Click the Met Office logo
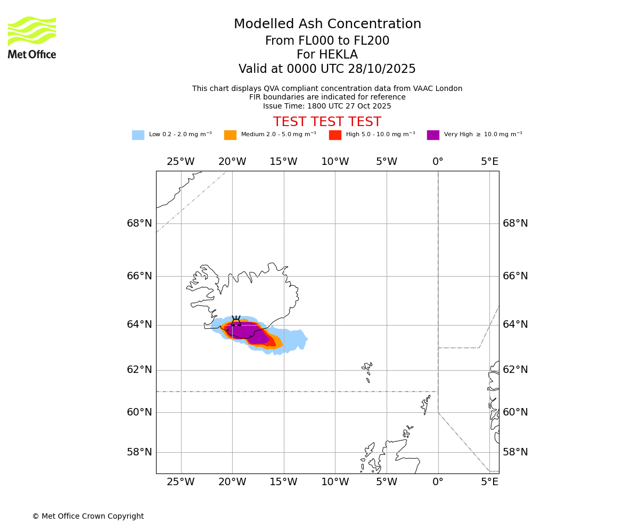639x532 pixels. [32, 37]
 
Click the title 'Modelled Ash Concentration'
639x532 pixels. [327, 24]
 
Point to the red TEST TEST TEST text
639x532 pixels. [327, 122]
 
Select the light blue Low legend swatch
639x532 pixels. [138, 135]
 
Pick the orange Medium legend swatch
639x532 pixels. [230, 135]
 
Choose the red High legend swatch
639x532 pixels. [335, 135]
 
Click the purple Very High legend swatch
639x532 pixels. [433, 135]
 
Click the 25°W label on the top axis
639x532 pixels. [181, 162]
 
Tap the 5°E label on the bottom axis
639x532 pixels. [489, 482]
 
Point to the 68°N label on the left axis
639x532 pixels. [140, 223]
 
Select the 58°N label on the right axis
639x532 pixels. [515, 452]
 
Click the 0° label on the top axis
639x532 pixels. [438, 162]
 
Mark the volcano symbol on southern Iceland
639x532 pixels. [236, 321]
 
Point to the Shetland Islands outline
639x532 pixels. [425, 404]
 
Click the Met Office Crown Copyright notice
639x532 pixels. [88, 516]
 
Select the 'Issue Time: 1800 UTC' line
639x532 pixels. [327, 106]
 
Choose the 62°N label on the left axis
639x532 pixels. [140, 370]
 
